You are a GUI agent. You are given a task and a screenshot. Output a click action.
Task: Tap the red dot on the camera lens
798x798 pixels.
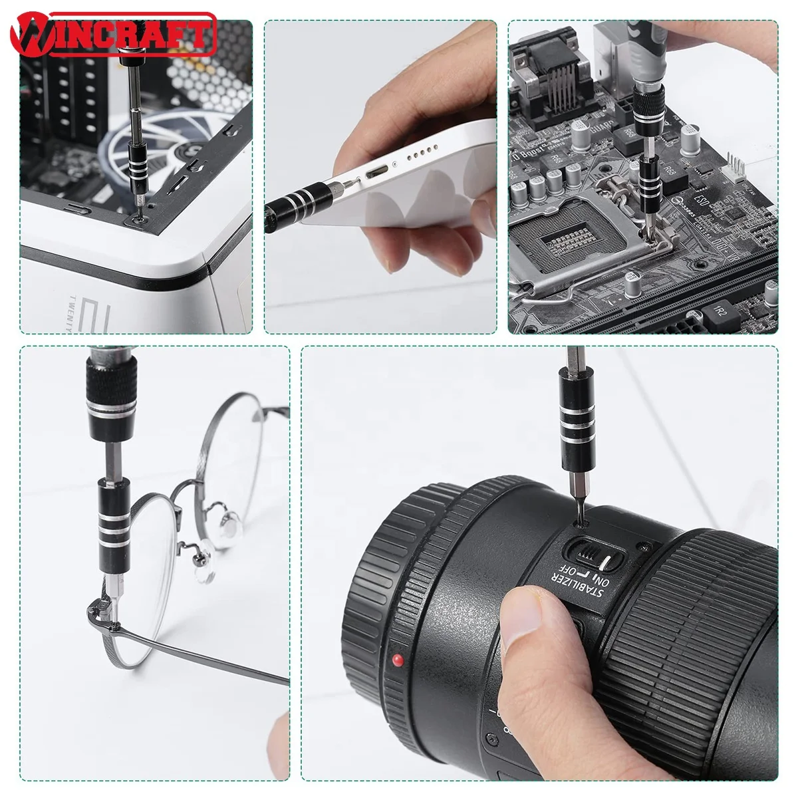pos(398,660)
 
